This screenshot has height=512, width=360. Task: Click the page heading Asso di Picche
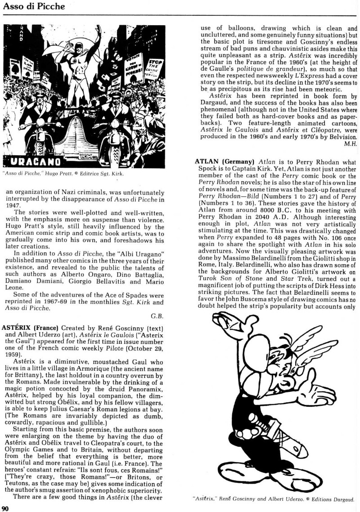pos(33,6)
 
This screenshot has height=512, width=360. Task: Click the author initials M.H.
pos(350,144)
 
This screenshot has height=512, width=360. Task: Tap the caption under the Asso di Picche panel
pos(63,174)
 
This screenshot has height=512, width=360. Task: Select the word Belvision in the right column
pos(342,137)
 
